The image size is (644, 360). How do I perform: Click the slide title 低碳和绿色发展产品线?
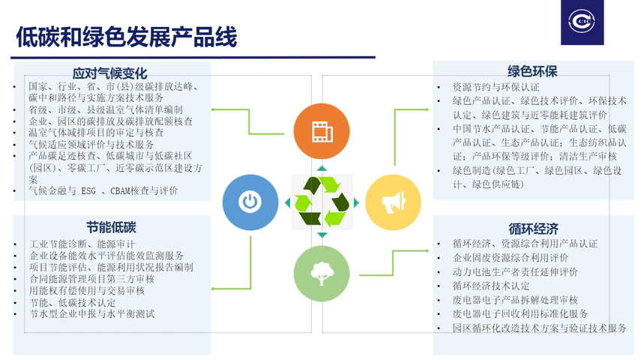coord(127,37)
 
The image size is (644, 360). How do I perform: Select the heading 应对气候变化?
coord(109,73)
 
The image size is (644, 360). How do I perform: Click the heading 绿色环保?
coord(532,71)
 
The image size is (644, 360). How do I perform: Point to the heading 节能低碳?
coord(111,227)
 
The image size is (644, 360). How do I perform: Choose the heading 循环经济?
coord(533,229)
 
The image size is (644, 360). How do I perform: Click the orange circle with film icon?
coord(322,131)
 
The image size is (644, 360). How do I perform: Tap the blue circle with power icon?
coord(250,202)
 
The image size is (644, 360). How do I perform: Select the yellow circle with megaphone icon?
coord(393,202)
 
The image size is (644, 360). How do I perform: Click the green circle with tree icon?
coord(322,274)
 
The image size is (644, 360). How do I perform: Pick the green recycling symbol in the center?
coord(322,202)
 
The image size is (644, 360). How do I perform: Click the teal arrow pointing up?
coord(322,168)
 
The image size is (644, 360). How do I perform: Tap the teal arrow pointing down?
coord(322,235)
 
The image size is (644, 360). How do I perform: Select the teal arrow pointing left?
coord(287,202)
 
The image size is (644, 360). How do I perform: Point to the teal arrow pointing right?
coord(356,202)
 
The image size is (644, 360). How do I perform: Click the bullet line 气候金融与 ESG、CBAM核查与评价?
coord(103,190)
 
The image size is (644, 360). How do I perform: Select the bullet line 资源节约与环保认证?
coord(496,87)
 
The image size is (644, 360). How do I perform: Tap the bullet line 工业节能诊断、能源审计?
coord(82,244)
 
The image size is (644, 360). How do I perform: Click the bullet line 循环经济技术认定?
coord(491,286)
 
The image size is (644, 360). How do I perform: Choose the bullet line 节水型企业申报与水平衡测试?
coord(92,314)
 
